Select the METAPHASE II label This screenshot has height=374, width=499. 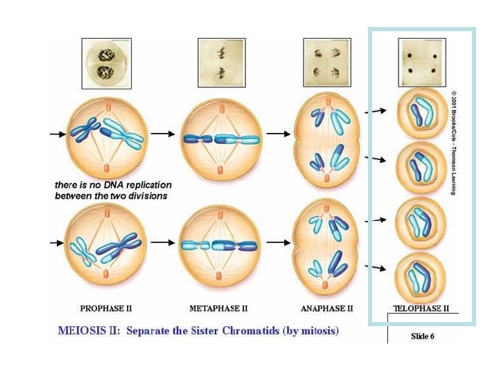tap(218, 308)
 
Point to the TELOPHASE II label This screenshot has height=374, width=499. tap(421, 308)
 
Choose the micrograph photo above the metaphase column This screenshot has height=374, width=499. tap(221, 63)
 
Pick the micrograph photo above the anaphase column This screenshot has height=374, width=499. tap(327, 63)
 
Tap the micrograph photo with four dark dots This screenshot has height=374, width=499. tap(421, 63)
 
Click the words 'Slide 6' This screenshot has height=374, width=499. tap(422, 336)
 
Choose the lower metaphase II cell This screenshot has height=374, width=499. tap(220, 244)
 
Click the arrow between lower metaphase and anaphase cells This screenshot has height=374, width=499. tap(277, 242)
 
